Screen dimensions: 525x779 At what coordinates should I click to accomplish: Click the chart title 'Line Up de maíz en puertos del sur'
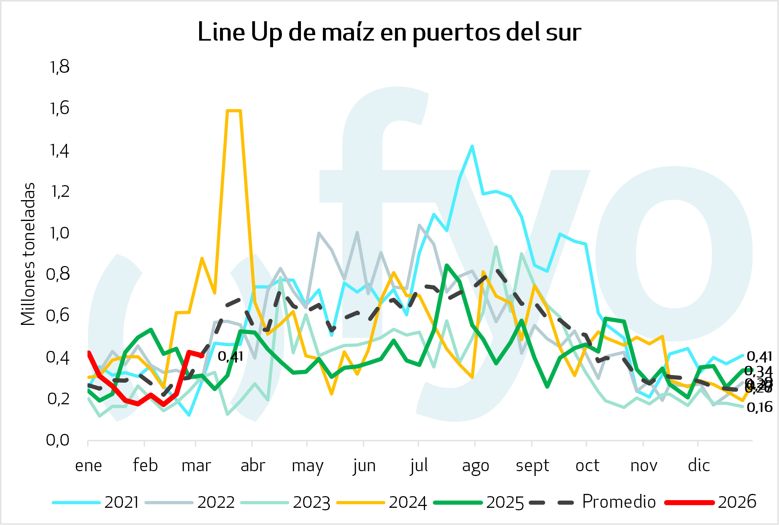click(x=389, y=32)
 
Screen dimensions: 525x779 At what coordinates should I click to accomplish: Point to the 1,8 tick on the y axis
click(x=59, y=67)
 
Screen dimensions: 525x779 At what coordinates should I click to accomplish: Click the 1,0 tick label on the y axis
click(x=59, y=233)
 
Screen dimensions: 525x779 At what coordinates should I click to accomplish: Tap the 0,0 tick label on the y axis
click(x=58, y=440)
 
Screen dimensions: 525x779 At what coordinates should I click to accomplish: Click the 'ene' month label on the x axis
click(x=88, y=466)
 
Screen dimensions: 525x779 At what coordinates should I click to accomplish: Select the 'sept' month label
click(x=532, y=466)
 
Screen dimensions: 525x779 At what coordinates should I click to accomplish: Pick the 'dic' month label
click(x=698, y=466)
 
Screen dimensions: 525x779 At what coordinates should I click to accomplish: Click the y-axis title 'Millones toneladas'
click(x=28, y=254)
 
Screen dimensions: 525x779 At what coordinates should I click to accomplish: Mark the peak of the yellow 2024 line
click(x=234, y=110)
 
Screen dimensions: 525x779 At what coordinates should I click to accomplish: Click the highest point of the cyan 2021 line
click(x=472, y=146)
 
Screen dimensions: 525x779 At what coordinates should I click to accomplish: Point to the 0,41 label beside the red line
click(x=230, y=356)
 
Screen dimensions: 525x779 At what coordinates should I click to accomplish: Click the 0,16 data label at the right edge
click(x=759, y=407)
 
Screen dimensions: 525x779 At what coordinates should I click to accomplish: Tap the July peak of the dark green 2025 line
click(x=447, y=265)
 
